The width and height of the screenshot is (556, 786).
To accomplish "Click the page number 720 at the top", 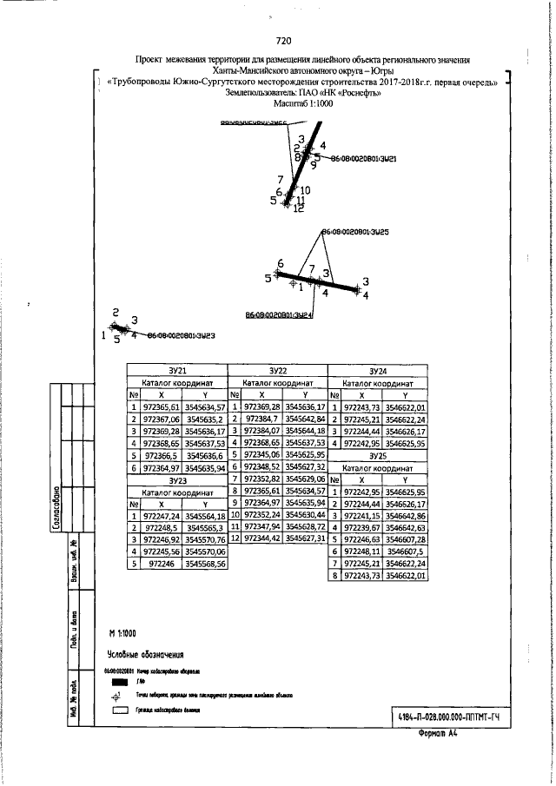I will [x=282, y=40].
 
